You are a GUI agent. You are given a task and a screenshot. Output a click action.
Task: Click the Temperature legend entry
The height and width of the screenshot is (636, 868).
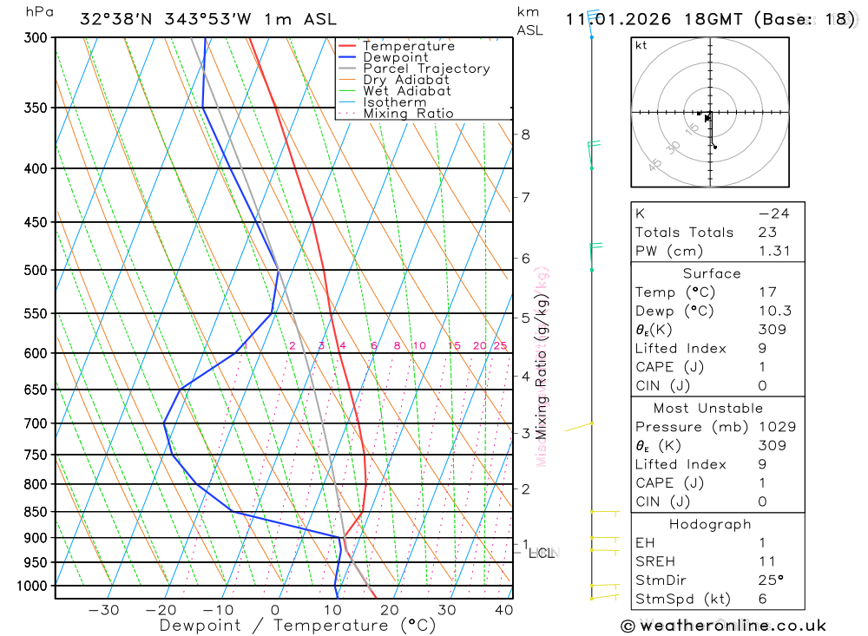pos(408,46)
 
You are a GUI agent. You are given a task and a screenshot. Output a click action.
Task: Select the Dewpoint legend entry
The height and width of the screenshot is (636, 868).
pos(395,57)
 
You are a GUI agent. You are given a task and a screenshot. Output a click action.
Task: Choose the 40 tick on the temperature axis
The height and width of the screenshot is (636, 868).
pos(504,610)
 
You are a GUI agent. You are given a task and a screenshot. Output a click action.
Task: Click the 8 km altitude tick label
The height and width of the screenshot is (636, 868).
pos(525,134)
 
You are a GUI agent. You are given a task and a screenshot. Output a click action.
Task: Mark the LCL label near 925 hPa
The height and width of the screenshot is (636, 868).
pos(541,553)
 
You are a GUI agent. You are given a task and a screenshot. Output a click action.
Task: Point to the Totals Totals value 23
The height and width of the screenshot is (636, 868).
pos(766,233)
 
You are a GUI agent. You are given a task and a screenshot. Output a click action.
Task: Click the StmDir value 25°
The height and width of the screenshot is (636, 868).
pos(769,580)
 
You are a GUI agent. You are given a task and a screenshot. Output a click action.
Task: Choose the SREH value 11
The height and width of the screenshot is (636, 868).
pos(766,561)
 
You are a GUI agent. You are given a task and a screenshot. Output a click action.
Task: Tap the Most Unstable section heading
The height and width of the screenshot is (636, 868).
pos(708,408)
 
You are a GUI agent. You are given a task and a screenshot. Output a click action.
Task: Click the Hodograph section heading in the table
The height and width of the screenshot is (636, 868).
pos(708,524)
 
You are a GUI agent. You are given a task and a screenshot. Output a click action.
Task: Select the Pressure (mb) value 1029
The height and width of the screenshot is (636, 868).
pos(773,427)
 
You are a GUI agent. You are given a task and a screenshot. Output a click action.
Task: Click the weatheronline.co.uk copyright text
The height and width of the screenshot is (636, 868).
pos(723,626)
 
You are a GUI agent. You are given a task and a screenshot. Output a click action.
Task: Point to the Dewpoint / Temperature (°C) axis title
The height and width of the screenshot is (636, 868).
pos(297,625)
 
